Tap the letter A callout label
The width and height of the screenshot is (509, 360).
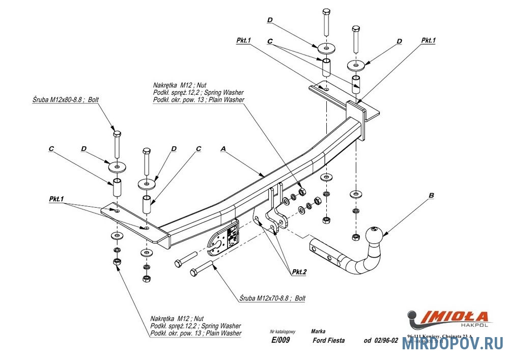click(x=223, y=149)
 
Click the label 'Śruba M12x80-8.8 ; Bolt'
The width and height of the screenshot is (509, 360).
click(x=64, y=100)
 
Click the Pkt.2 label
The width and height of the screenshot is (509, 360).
click(x=299, y=272)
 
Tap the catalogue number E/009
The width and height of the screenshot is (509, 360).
click(x=280, y=340)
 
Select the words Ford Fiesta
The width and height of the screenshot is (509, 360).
click(x=328, y=340)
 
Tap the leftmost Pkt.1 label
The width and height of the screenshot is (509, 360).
click(x=56, y=199)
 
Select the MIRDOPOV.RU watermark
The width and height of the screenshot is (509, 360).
click(x=453, y=344)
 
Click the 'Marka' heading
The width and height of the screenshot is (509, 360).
click(x=318, y=331)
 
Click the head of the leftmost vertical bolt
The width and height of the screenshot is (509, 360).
click(x=117, y=134)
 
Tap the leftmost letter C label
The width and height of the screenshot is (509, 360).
click(x=51, y=149)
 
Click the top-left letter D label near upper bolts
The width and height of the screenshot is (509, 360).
click(x=270, y=19)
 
